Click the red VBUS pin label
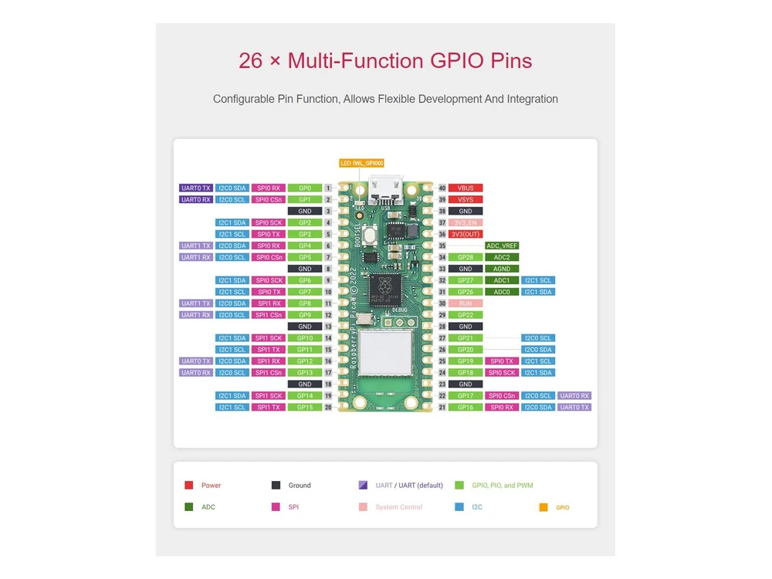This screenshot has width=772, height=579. (466, 188)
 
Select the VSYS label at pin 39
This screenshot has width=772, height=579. (466, 199)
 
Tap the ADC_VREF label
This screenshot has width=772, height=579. (502, 245)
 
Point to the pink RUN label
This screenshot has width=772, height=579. (466, 303)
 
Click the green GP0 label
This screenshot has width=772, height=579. (305, 188)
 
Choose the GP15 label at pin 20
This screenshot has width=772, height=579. (305, 407)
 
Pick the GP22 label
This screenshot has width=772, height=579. (466, 315)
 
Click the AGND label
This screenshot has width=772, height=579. (502, 269)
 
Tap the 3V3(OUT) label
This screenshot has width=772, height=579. (466, 234)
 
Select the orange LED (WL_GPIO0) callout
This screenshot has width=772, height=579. (361, 163)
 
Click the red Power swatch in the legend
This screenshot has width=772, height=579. (188, 486)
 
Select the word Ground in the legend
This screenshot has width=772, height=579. (300, 486)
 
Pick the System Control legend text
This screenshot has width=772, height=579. (399, 507)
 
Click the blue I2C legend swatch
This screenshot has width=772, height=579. (459, 507)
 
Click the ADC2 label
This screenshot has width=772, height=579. (502, 257)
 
